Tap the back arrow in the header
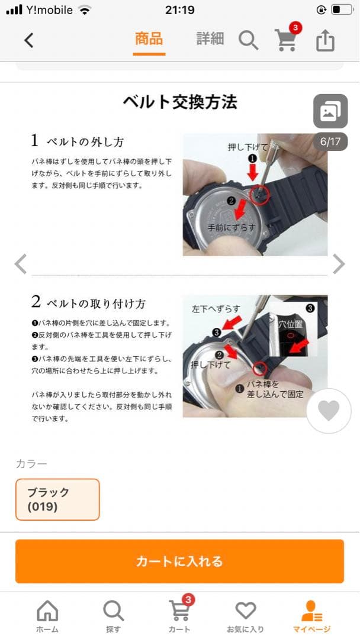(x=28, y=40)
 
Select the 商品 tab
(x=149, y=39)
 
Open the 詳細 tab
(x=210, y=38)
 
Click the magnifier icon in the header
(x=248, y=40)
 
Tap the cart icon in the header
(x=287, y=40)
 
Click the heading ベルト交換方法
(x=180, y=102)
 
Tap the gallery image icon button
(x=330, y=111)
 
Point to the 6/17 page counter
(x=330, y=141)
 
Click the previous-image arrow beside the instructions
(x=21, y=264)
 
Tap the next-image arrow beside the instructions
(x=339, y=264)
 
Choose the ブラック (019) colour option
(x=57, y=499)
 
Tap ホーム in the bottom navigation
(x=47, y=616)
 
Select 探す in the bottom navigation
(x=113, y=616)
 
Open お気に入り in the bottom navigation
(x=246, y=616)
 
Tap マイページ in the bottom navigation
(x=311, y=616)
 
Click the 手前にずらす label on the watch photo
(x=231, y=227)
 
